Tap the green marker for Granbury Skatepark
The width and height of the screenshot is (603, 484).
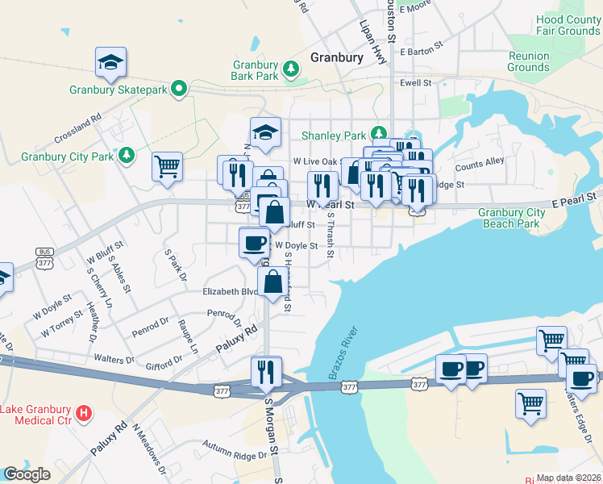(178, 90)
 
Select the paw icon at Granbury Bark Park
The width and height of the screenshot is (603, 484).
(290, 75)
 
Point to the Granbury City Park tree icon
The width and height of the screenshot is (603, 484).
(125, 155)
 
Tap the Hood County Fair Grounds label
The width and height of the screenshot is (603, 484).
(568, 25)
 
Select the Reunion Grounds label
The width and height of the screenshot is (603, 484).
(528, 61)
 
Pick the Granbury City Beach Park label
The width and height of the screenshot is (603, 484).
(511, 218)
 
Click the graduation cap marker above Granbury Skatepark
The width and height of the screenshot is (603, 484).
(110, 62)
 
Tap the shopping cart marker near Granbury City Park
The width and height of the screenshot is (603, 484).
(168, 166)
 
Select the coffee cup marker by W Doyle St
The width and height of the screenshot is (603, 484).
(255, 241)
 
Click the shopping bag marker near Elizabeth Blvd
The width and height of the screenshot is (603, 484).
(273, 282)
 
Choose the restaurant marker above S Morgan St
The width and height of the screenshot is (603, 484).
(265, 371)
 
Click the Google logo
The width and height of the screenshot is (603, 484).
(27, 474)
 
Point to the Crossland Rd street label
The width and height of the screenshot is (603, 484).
(79, 127)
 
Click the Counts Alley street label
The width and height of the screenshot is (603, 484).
(480, 165)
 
